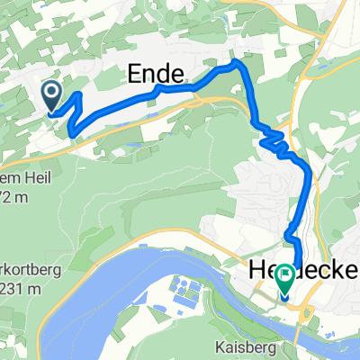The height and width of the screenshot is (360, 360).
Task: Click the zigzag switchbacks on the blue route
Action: [273, 139]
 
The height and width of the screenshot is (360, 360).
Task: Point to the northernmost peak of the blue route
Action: [236, 62]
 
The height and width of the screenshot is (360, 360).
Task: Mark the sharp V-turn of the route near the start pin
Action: [68, 134]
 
